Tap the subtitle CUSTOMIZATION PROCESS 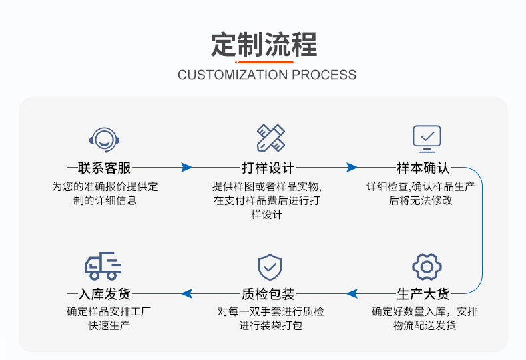click(267, 75)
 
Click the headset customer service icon click(105, 138)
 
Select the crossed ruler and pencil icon click(271, 138)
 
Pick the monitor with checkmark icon click(427, 138)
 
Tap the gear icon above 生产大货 click(427, 267)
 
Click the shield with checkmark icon click(270, 267)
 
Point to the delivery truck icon click(103, 266)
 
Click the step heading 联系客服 click(105, 168)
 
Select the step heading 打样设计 click(268, 168)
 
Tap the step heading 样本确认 click(424, 168)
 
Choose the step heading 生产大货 click(423, 293)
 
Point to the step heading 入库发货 click(105, 293)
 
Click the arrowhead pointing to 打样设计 click(187, 168)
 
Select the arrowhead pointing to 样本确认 click(352, 168)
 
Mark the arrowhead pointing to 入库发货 click(187, 293)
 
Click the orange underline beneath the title click(264, 62)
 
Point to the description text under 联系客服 click(105, 193)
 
